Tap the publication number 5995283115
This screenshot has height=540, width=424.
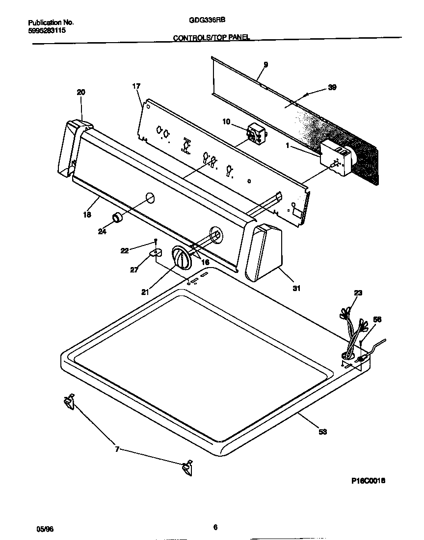[x=47, y=30]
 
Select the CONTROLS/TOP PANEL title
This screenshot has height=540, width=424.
[x=212, y=38]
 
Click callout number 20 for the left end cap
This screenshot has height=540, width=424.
[x=81, y=92]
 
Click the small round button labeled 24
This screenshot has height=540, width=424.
[x=117, y=218]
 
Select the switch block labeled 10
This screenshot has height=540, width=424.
[x=255, y=133]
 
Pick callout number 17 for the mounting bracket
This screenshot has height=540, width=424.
[x=136, y=87]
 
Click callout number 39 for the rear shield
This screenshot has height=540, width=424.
[x=332, y=88]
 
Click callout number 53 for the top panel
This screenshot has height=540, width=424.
[x=322, y=432]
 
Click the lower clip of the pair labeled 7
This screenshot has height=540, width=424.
[x=186, y=468]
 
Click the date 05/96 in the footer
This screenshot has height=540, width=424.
[x=44, y=529]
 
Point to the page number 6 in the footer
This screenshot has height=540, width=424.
[x=215, y=528]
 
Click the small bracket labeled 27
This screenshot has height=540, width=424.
[x=155, y=252]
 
